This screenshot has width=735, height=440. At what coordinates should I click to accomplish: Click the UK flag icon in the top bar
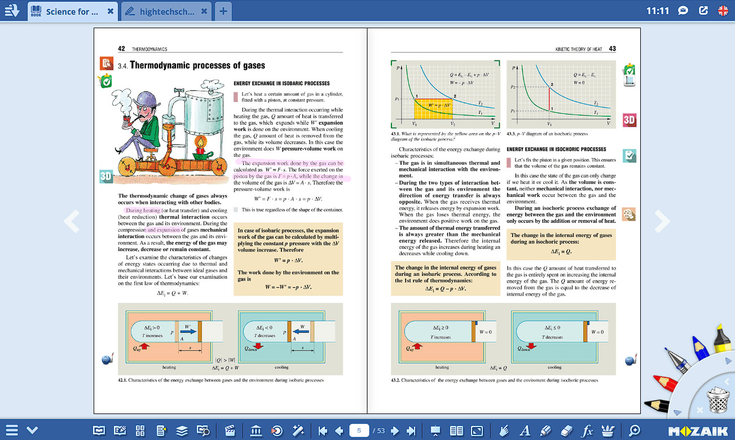click(x=723, y=11)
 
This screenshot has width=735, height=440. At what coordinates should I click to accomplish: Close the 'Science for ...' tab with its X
click(x=110, y=11)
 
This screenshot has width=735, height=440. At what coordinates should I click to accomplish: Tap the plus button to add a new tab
click(x=223, y=11)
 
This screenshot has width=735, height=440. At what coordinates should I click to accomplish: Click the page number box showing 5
click(x=359, y=431)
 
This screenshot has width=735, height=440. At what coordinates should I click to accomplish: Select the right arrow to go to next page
click(x=662, y=221)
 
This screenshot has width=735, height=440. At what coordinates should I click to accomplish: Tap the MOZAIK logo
click(x=698, y=431)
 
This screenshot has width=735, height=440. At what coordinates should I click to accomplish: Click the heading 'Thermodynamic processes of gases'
click(x=197, y=65)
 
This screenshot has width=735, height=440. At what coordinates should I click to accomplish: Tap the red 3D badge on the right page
click(x=630, y=120)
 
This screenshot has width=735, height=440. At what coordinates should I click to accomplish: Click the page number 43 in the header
click(x=613, y=49)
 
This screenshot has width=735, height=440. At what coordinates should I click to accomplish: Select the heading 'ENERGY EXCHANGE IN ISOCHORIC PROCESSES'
click(x=556, y=149)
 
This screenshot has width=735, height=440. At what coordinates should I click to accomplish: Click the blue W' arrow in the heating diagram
click(x=189, y=333)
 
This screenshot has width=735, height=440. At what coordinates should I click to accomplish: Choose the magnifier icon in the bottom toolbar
click(x=635, y=431)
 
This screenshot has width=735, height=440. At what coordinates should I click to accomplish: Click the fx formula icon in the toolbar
click(x=587, y=431)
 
